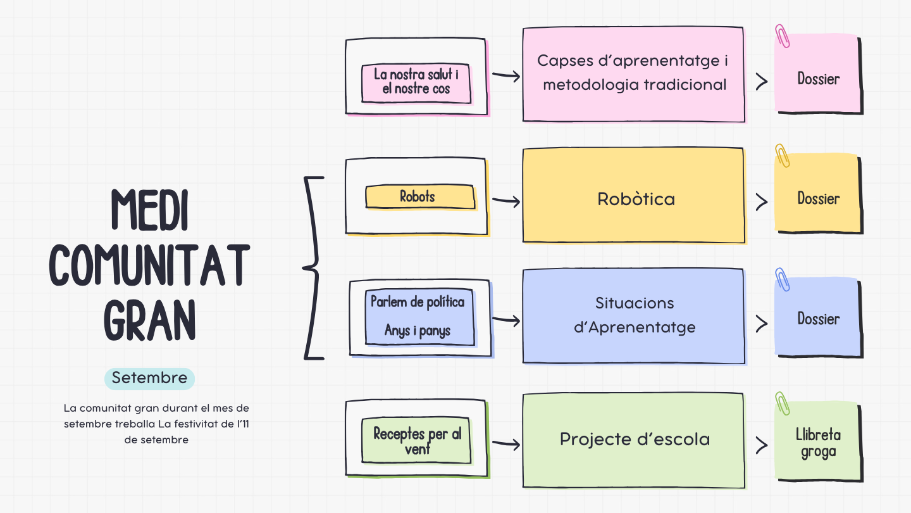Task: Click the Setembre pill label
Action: [149, 378]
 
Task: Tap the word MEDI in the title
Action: [150, 210]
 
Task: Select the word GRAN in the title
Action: [150, 320]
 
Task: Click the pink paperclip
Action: [783, 36]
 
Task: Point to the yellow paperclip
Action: [783, 156]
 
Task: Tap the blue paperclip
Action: [783, 279]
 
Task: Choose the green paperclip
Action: [783, 403]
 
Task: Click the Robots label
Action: [418, 196]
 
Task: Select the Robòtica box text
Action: [636, 199]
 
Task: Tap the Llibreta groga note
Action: [818, 443]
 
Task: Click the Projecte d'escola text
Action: [635, 439]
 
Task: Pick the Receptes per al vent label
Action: [417, 441]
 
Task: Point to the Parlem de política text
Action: [418, 302]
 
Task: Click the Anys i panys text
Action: [418, 331]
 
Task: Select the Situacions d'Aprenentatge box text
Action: [635, 315]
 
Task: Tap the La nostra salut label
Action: [416, 82]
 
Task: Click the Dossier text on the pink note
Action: [818, 79]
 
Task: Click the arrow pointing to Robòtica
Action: [506, 201]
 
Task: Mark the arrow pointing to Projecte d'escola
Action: [506, 445]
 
